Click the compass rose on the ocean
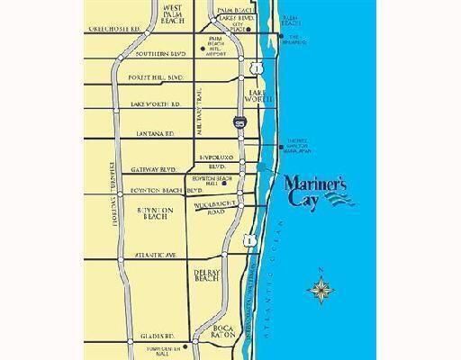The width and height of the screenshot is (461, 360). click(x=321, y=288)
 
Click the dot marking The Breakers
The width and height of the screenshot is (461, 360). click(x=280, y=37)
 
